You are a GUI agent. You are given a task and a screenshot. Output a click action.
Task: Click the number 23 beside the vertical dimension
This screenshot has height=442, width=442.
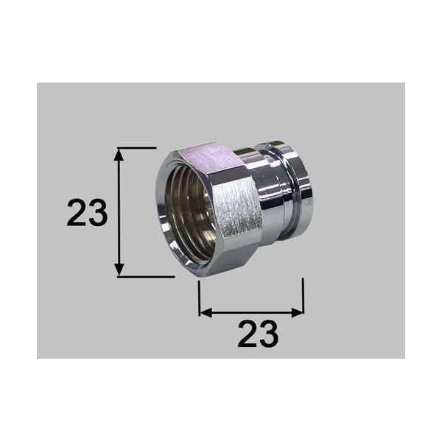[87, 214]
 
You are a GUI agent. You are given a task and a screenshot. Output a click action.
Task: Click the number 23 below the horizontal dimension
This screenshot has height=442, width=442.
[258, 335]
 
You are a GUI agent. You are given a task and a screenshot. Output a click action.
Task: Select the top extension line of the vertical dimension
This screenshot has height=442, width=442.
[136, 148]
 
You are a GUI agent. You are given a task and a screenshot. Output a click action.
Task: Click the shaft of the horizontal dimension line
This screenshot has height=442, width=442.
[250, 312]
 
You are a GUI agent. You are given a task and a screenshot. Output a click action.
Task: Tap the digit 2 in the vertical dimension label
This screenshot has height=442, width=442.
[77, 214]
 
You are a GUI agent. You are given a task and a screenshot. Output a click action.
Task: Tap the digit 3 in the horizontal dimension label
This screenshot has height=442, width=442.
[268, 335]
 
